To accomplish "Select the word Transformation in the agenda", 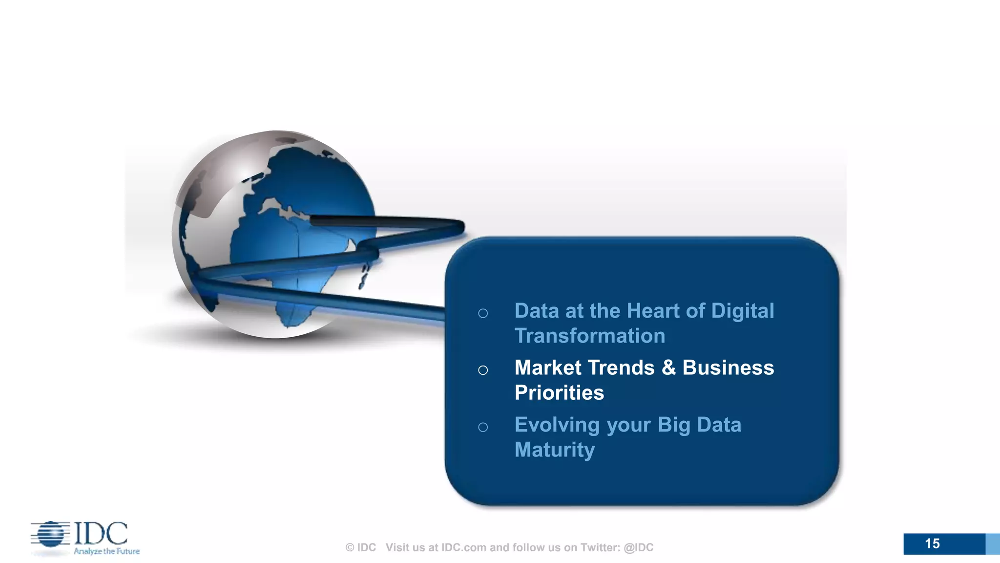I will (589, 336).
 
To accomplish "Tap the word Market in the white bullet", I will (548, 368).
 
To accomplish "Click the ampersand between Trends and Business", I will (668, 368).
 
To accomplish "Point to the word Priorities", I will (559, 393).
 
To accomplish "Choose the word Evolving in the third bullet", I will (557, 425).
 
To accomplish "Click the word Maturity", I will (554, 450).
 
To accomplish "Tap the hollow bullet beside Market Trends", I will (483, 370).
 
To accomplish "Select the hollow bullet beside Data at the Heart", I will (483, 314).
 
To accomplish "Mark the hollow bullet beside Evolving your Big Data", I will (483, 428).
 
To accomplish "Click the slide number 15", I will (932, 544).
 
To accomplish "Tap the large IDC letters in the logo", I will (101, 534).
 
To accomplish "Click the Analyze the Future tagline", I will (106, 551).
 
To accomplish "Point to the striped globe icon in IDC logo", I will (50, 534).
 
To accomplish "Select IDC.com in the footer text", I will (463, 548).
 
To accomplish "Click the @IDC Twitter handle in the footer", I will (638, 548).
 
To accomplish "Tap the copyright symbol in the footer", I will (350, 548).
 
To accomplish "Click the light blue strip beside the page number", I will (992, 544).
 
